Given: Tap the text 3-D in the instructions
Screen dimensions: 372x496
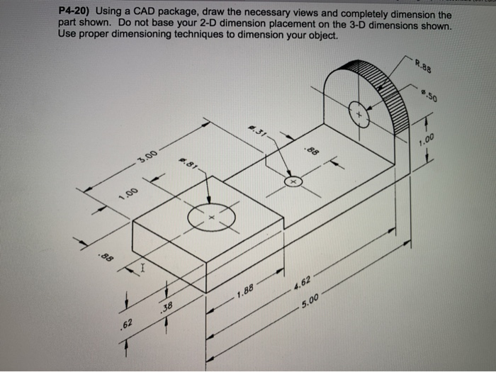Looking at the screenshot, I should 361,24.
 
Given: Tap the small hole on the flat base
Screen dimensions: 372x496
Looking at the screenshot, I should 293,182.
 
